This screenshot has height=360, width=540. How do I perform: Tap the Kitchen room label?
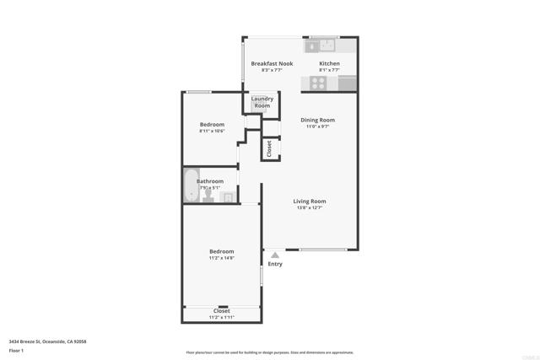click(x=329, y=63)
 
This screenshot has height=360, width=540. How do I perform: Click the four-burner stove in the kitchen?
click(x=319, y=83)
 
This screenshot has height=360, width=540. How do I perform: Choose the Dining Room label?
click(x=317, y=120)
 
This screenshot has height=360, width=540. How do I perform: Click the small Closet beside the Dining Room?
click(x=270, y=148)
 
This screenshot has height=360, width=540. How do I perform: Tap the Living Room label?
click(x=310, y=201)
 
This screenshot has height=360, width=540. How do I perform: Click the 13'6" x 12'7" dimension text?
click(x=310, y=208)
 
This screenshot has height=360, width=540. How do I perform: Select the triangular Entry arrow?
click(x=274, y=255)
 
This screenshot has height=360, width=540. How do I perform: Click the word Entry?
click(x=275, y=264)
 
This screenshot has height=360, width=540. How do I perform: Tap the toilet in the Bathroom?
click(x=208, y=194)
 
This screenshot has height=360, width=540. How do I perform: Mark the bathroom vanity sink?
click(x=227, y=197)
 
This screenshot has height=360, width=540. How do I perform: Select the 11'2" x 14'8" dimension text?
click(x=222, y=258)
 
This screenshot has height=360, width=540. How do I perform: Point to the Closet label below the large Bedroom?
click(x=222, y=311)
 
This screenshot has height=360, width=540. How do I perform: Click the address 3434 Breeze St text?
click(x=47, y=341)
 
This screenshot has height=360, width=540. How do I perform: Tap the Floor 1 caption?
click(x=16, y=350)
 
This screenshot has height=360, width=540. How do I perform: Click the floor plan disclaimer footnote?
click(x=269, y=353)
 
